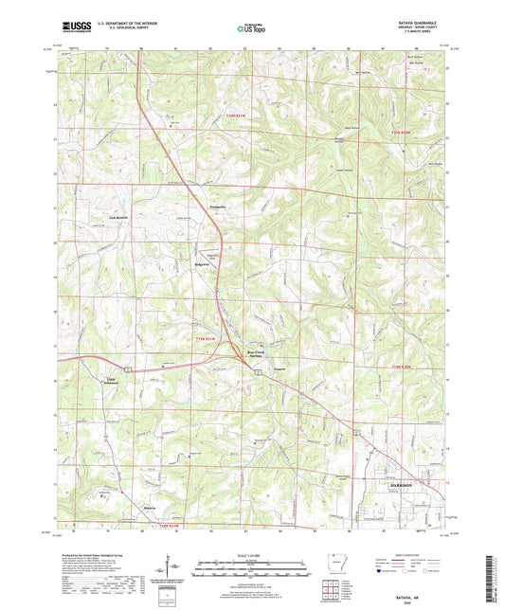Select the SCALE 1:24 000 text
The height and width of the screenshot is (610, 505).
pyautogui.click(x=252, y=554)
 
